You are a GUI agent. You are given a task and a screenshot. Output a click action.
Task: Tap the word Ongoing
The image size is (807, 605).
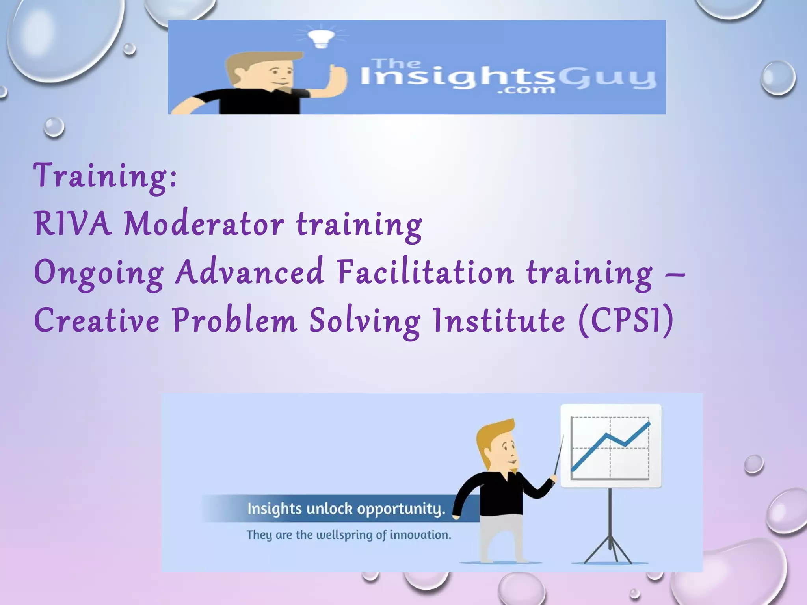click(99, 273)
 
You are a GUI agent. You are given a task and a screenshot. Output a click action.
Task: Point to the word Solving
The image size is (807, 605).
click(364, 321)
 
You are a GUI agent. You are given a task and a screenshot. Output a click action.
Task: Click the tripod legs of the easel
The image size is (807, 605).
click(610, 547)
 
